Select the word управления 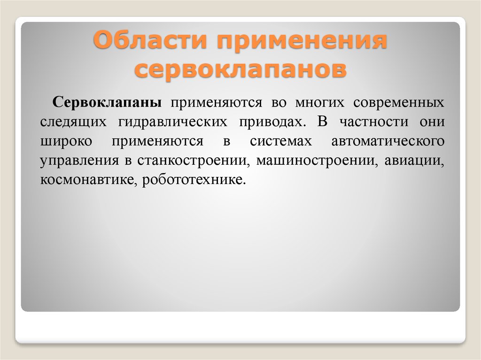[80, 161]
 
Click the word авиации [413, 161]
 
